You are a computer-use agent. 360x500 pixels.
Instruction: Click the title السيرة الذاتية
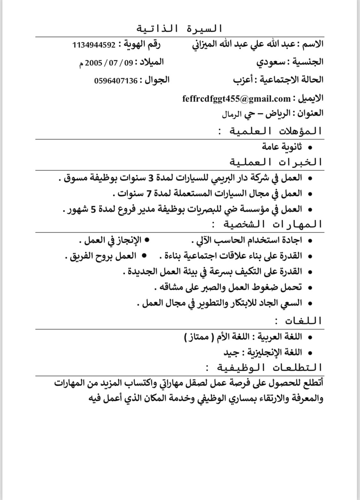(x=180, y=29)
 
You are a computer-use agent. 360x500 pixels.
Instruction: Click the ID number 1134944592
(x=94, y=45)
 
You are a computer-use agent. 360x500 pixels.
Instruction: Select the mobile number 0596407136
(x=116, y=81)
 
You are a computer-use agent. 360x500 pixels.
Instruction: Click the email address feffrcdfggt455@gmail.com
(x=236, y=98)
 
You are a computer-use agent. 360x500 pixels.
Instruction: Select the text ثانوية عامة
(x=282, y=147)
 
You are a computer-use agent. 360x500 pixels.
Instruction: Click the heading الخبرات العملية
(x=276, y=162)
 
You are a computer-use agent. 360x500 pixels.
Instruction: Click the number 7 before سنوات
(x=148, y=194)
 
